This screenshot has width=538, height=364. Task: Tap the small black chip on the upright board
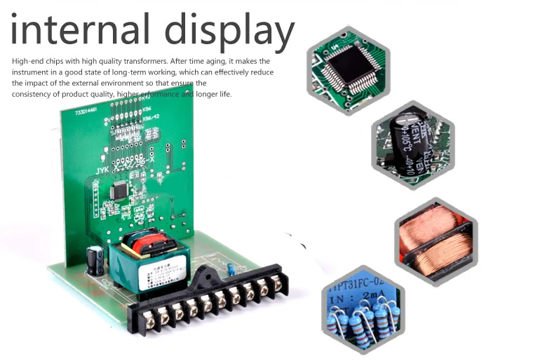coord(120,188)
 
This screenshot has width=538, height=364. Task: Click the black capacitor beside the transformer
coord(96,260)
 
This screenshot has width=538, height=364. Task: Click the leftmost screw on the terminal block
coord(149,318)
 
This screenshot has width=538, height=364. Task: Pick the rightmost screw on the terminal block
coord(276,281)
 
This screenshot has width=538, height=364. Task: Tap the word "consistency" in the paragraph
coord(34,94)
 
